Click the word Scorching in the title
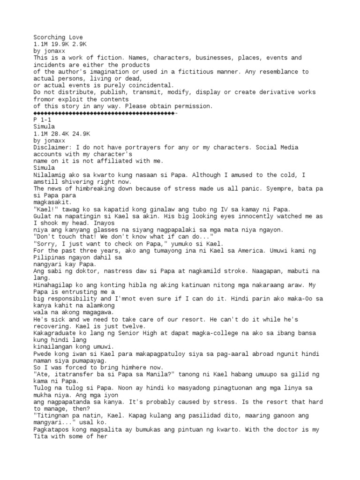pyautogui.click(x=49, y=37)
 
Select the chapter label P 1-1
pyautogui.click(x=42, y=120)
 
